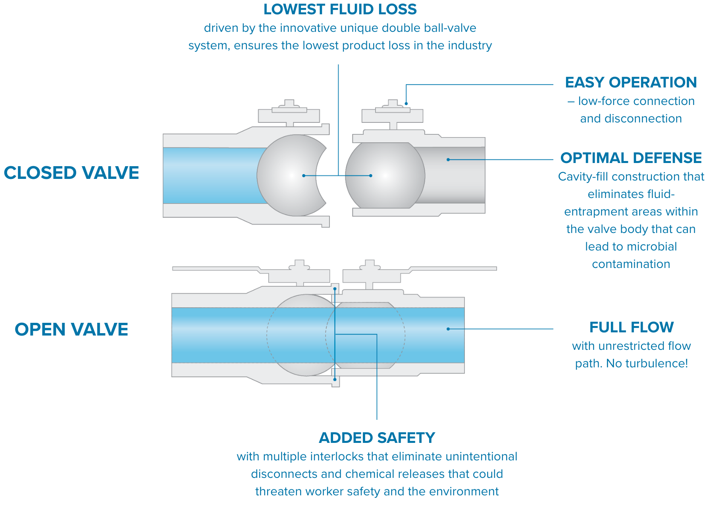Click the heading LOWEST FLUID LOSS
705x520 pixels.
(340, 10)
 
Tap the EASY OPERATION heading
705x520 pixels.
(631, 83)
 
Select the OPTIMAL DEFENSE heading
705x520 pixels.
(631, 158)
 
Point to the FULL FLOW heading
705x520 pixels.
(631, 328)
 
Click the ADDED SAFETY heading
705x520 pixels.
(377, 438)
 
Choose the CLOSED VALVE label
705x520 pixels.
(71, 173)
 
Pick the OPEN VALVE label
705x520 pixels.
(71, 330)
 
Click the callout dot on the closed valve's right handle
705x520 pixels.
(406, 104)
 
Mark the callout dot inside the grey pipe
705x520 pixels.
(448, 160)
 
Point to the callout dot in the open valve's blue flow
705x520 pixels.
(448, 329)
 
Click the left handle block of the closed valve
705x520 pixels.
(289, 116)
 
